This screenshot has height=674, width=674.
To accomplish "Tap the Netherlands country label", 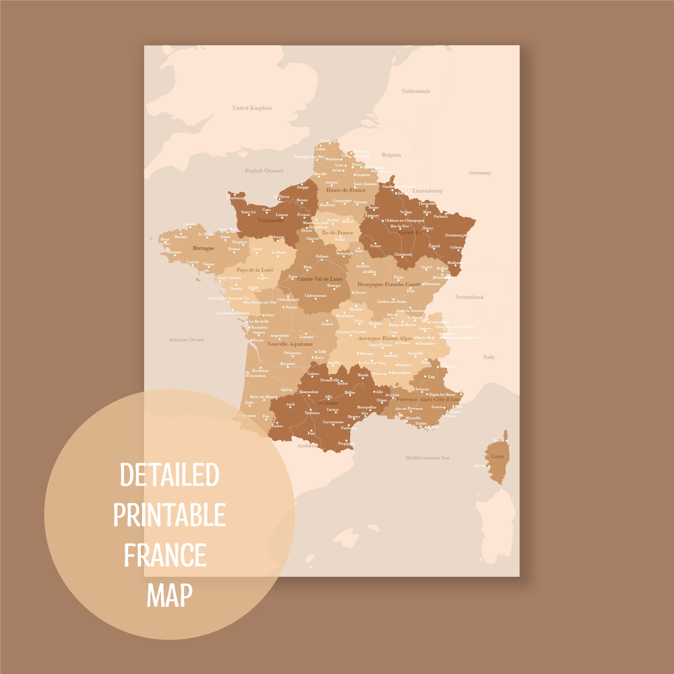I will pos(415,92).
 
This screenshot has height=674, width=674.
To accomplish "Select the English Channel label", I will pos(264,171).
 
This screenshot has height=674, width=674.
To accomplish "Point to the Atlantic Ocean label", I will pos(186,340).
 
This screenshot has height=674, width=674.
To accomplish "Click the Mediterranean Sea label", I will pos(427,458).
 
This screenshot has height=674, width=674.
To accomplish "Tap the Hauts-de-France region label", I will pos(345,190).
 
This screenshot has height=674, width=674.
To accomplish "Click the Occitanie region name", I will pos(327,403).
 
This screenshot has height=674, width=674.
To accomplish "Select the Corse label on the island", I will pos(497,456).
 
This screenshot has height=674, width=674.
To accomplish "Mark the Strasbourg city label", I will pos(454,235).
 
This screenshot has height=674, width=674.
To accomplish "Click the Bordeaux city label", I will pos(260,371).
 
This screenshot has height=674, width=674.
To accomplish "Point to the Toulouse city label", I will pos(312,413).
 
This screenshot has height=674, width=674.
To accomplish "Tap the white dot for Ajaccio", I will pos(489,466).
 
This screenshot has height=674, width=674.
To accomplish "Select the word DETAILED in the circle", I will pos(170,475).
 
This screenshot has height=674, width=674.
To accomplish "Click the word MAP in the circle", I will pos(170,595).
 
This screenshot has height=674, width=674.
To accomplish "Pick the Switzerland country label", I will pos(469,297).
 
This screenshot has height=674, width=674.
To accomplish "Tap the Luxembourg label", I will pos(427,191).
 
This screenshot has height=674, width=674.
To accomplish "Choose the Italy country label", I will pos(489,357).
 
